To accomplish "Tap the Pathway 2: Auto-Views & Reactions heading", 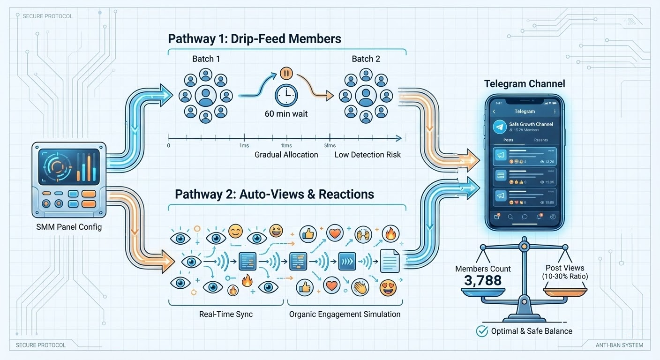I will click(x=274, y=194).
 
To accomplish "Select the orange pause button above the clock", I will click(x=286, y=74).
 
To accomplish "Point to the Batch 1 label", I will click(x=206, y=59).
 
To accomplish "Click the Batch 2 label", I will click(x=366, y=59).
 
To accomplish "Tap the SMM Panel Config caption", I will click(x=69, y=227).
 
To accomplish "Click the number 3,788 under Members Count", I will click(x=483, y=281).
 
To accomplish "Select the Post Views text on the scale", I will click(x=565, y=268).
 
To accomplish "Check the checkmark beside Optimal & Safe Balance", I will click(x=482, y=331).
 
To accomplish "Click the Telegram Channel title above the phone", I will click(x=525, y=84).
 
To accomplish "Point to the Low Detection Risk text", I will click(x=367, y=154).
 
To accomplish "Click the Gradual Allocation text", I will click(x=286, y=154).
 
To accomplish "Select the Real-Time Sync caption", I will click(x=226, y=314).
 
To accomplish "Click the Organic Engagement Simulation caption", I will click(x=345, y=314).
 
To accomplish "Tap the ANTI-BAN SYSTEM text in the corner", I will click(x=620, y=345).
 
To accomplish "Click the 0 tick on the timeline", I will click(x=169, y=145).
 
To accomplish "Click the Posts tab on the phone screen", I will click(x=508, y=140).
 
